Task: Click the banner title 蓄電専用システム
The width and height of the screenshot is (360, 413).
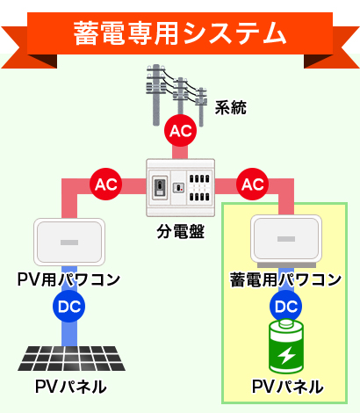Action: (180, 33)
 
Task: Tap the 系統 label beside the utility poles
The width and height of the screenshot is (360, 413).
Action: (231, 107)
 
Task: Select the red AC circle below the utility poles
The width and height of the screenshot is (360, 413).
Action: (180, 131)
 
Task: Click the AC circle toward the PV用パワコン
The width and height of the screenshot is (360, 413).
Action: (105, 185)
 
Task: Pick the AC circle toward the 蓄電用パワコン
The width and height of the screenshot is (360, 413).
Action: (252, 185)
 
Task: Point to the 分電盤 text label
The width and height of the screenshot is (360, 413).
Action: (180, 232)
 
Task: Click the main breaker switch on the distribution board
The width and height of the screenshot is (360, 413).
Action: (160, 187)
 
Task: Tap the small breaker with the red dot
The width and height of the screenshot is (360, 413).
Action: (178, 187)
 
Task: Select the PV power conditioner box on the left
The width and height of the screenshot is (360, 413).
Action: (69, 242)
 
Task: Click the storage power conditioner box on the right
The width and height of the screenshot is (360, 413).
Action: (286, 240)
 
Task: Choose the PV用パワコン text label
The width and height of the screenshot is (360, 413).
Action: (68, 279)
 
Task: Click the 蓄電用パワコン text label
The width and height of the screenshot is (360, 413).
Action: (285, 279)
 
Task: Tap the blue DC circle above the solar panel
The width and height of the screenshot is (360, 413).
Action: (68, 306)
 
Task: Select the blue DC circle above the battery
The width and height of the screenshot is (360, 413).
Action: (285, 306)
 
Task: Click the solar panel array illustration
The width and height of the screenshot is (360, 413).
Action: (72, 359)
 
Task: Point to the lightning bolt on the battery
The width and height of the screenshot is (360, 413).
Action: (286, 355)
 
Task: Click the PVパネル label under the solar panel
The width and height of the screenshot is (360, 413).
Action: (71, 387)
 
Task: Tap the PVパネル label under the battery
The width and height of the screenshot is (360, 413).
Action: (288, 387)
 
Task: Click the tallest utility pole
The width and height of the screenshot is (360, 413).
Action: (156, 95)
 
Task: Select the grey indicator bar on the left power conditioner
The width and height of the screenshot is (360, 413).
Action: (69, 243)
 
